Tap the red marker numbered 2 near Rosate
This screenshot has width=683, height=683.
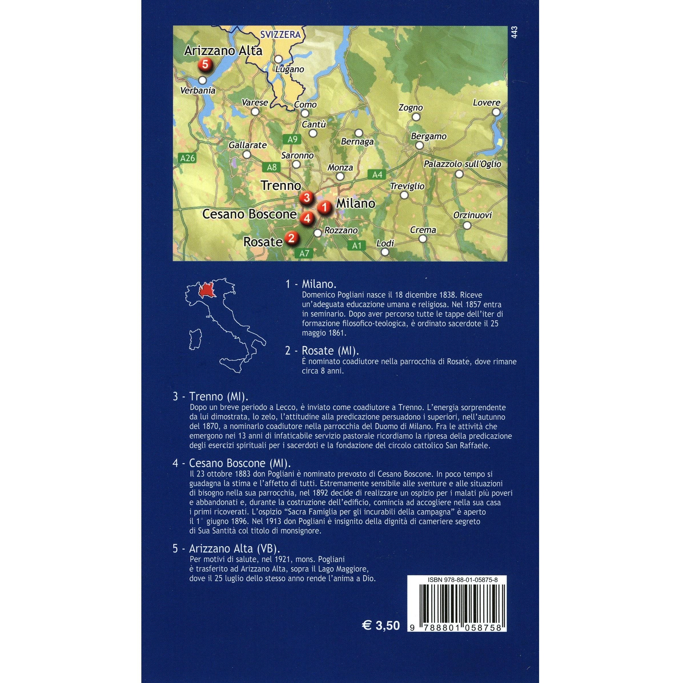click(292, 238)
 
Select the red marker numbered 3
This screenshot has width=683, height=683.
click(306, 198)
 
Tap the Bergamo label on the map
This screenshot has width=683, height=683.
click(429, 136)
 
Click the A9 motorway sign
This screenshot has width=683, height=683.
click(292, 139)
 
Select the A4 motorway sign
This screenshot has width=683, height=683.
click(377, 174)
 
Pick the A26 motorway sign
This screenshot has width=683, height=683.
click(187, 158)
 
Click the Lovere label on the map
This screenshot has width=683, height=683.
click(487, 103)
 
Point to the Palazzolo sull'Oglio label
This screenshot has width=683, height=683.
click(462, 164)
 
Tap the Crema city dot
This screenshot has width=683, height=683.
click(423, 239)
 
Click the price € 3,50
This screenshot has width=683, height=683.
click(381, 625)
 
